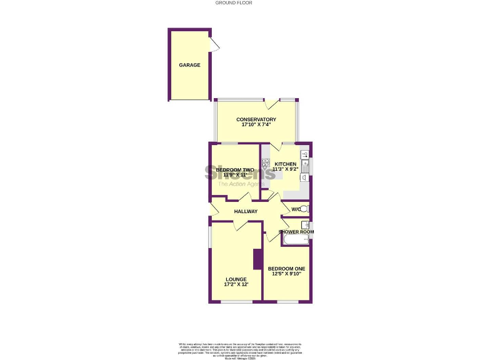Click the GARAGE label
coord(189,65)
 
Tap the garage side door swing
coord(214,45)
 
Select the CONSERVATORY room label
coord(256,119)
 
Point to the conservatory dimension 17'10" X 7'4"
coord(256,125)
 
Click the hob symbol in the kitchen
coord(265,165)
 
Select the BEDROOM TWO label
coord(234,170)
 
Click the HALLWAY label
coord(246,212)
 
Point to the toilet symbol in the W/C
coord(304,209)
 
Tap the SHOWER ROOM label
coord(296,232)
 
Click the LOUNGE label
coord(236,279)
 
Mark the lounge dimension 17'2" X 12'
coord(236,285)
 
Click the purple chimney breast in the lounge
coord(257,259)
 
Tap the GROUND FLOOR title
coord(234,3)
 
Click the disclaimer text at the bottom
coord(239,349)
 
